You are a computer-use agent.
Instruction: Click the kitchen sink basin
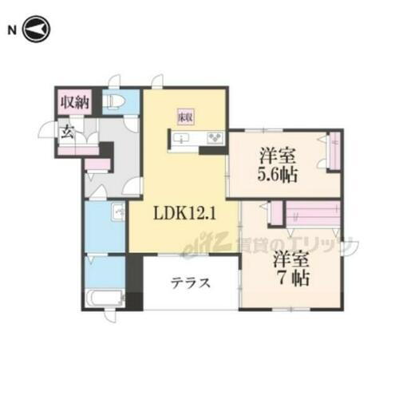(183, 140)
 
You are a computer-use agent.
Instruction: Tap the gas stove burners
(214, 140)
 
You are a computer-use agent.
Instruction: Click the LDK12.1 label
(184, 215)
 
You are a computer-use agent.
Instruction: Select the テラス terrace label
(190, 282)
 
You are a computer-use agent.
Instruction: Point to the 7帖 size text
(290, 280)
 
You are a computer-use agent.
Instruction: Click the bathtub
(102, 301)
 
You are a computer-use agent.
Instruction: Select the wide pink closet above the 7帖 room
(313, 214)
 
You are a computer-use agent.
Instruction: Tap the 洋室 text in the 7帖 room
(290, 260)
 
